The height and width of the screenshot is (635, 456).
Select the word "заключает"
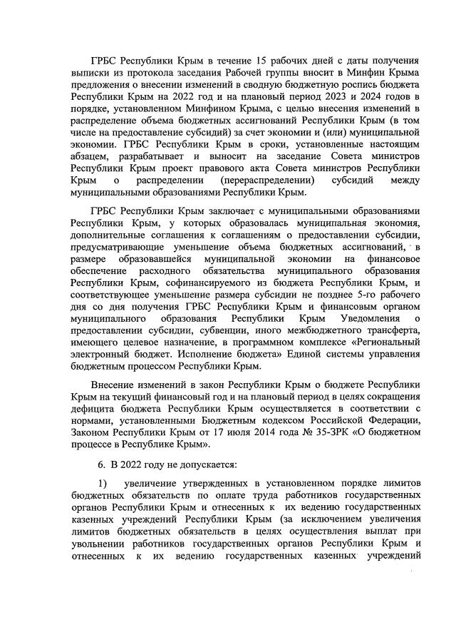point(229,213)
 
